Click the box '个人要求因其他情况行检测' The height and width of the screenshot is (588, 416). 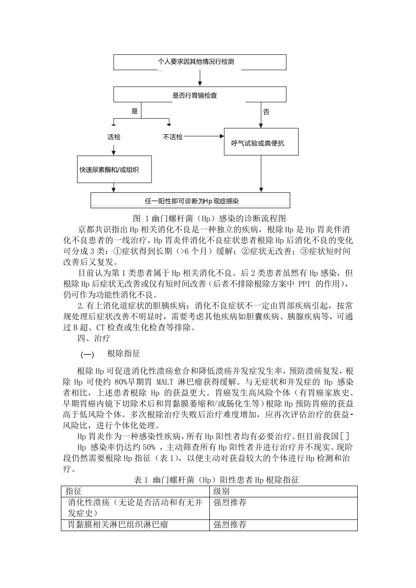coord(200,62)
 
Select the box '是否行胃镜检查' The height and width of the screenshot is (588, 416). coord(200,95)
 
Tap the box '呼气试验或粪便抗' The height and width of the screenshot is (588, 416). coord(261,142)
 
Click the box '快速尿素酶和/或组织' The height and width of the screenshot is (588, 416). coord(114,169)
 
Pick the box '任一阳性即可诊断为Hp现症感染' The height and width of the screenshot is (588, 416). coord(190,201)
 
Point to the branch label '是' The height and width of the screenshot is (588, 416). coord(134,111)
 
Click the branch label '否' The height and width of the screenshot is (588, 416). coord(266,112)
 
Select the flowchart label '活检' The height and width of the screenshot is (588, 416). coord(114,137)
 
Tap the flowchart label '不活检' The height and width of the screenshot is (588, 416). coord(173,137)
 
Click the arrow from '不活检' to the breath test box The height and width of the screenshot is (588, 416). coord(204,137)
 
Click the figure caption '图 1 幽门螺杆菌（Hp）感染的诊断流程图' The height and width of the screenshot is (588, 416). coord(209,218)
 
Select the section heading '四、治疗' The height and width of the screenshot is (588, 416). coord(94,338)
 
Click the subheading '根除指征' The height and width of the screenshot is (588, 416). coord(123,353)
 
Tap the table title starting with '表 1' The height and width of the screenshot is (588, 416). coord(216,480)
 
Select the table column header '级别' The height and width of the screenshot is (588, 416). coord(222,491)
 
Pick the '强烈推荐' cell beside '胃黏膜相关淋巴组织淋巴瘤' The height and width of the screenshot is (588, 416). coord(230,524)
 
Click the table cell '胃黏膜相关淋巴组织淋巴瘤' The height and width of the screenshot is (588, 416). coord(118,524)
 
